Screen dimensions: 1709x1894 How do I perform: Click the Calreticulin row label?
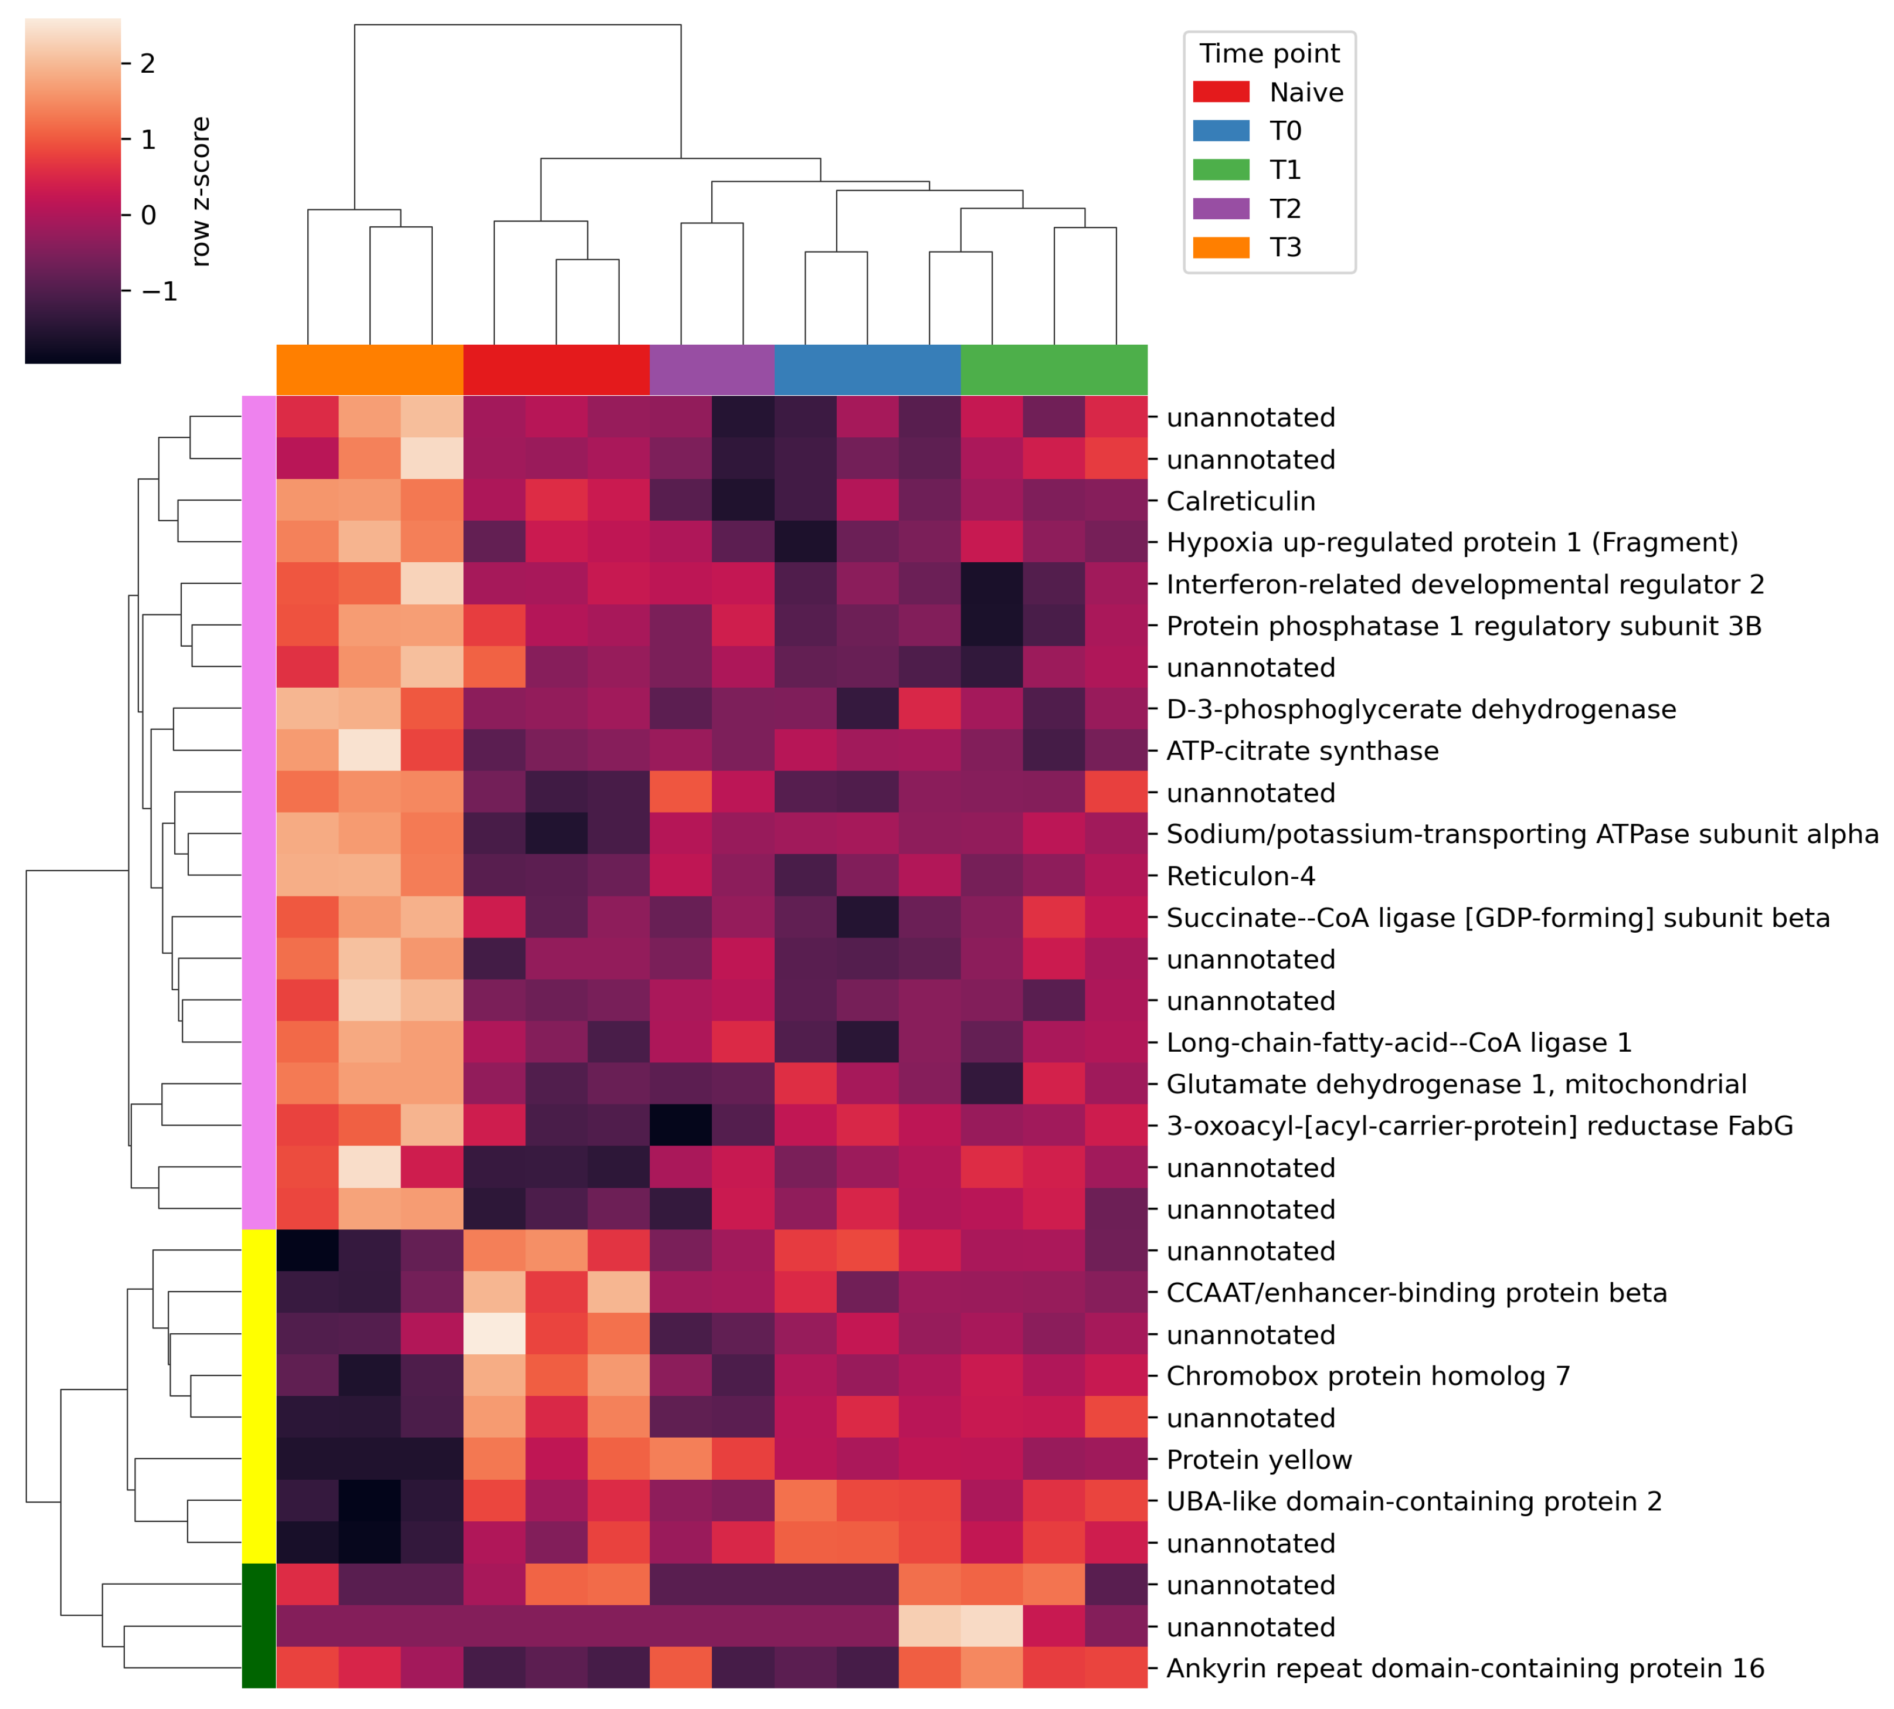point(1240,501)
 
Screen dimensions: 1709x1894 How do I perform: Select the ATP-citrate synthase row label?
point(1302,751)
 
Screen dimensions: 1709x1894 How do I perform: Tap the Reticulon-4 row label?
point(1240,876)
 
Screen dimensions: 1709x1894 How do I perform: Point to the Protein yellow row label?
point(1258,1460)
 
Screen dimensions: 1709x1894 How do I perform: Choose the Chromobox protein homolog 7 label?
point(1367,1377)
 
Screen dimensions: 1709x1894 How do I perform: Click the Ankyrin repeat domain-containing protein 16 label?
point(1465,1669)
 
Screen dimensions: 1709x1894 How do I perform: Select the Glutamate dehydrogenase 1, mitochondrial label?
point(1455,1085)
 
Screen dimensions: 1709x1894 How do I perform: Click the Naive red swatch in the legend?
point(1221,92)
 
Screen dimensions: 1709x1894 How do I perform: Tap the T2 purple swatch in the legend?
point(1221,209)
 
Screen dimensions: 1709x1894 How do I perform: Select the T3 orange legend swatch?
point(1221,247)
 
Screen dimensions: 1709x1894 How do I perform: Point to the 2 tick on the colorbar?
point(147,64)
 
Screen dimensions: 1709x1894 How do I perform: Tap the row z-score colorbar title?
point(200,192)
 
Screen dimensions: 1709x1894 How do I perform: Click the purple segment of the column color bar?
point(712,370)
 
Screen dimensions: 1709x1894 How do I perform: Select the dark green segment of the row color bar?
point(258,1628)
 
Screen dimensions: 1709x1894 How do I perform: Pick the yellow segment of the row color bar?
point(258,1397)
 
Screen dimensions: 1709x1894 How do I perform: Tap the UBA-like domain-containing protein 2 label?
point(1413,1501)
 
